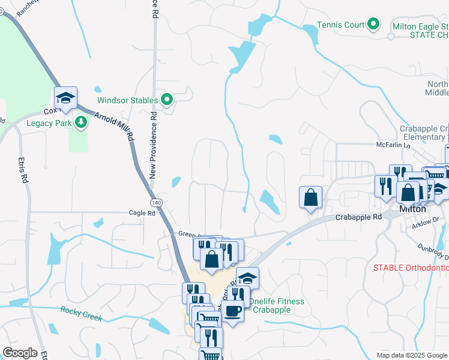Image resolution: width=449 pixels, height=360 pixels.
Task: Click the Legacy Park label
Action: pyautogui.click(x=49, y=124)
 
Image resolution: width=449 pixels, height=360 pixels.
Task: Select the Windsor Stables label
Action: pyautogui.click(x=128, y=100)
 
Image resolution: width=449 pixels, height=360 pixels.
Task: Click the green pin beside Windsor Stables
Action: pyautogui.click(x=167, y=100)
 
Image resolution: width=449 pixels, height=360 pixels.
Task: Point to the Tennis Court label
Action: pyautogui.click(x=341, y=25)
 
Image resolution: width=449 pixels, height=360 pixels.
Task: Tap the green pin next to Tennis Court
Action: pyautogui.click(x=374, y=25)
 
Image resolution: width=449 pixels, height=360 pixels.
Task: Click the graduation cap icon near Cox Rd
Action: pyautogui.click(x=66, y=97)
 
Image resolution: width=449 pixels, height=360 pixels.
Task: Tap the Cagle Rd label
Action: pyautogui.click(x=142, y=213)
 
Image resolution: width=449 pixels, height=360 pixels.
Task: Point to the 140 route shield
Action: pyautogui.click(x=157, y=203)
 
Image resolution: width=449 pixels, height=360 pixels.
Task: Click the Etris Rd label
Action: pyautogui.click(x=23, y=170)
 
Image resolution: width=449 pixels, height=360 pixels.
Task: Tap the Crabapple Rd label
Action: pyautogui.click(x=358, y=217)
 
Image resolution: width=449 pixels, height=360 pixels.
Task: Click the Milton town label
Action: pyautogui.click(x=412, y=209)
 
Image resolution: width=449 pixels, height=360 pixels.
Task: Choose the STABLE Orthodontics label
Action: pyautogui.click(x=411, y=267)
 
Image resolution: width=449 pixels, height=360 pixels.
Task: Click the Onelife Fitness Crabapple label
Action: pyautogui.click(x=277, y=305)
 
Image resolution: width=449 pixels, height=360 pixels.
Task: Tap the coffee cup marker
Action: pyautogui.click(x=232, y=311)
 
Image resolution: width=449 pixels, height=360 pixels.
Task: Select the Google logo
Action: pyautogui.click(x=20, y=353)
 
